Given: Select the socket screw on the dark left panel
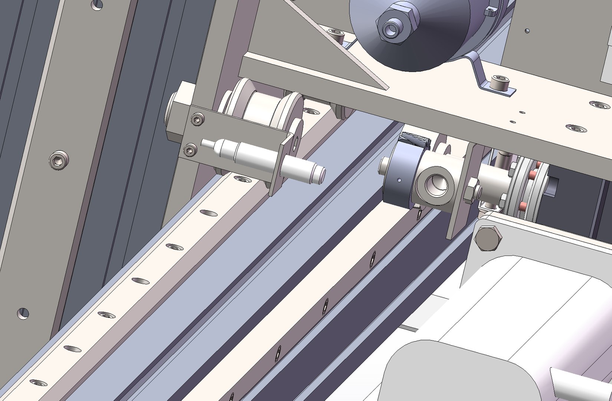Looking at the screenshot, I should pos(59,160).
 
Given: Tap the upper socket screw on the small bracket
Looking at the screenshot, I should pos(197,119).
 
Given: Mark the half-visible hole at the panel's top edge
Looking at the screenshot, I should pos(97,4).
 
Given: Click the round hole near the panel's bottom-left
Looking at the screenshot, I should pos(23,313).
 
